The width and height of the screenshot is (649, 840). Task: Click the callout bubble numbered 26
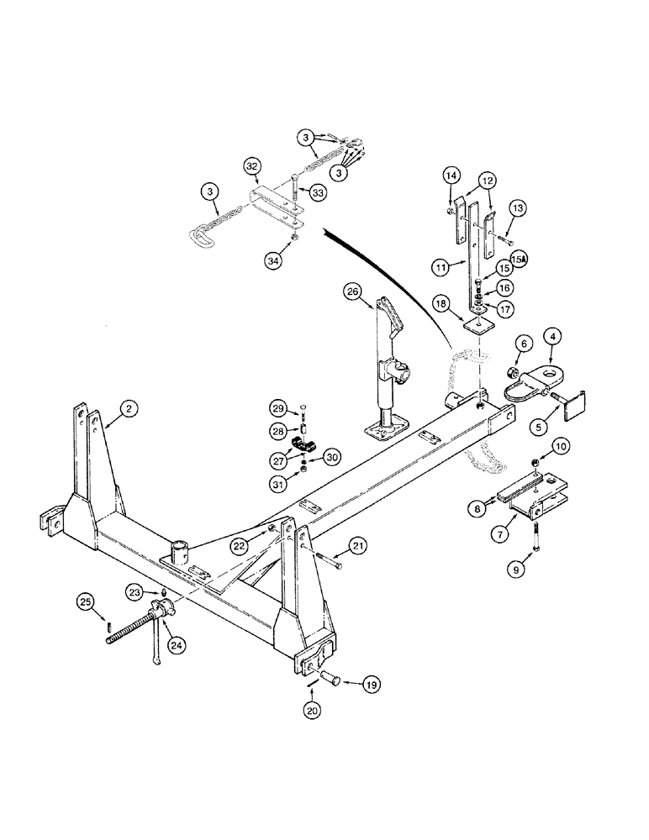pos(353,292)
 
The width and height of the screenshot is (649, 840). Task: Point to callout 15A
pos(518,260)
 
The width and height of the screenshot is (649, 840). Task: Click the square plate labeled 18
pos(478,323)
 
